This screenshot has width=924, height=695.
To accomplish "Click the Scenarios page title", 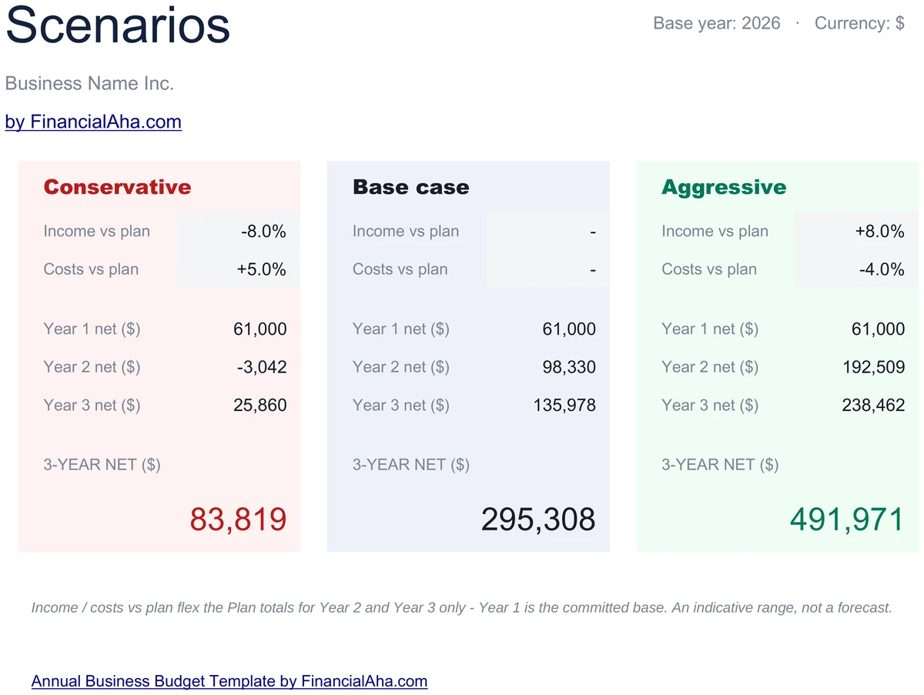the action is pyautogui.click(x=118, y=25).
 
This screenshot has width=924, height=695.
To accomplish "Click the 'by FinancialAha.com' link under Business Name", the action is pyautogui.click(x=93, y=122).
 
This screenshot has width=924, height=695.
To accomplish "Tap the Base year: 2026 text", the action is pyautogui.click(x=716, y=23).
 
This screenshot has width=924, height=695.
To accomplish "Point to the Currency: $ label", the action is pyautogui.click(x=859, y=23).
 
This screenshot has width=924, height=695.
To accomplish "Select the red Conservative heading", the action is pyautogui.click(x=118, y=187).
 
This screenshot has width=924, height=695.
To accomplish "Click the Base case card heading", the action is pyautogui.click(x=411, y=187).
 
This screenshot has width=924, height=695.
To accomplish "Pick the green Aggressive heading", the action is pyautogui.click(x=724, y=188).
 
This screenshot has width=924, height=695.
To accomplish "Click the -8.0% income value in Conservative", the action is pyautogui.click(x=263, y=232).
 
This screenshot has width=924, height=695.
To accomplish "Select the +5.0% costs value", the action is pyautogui.click(x=261, y=269).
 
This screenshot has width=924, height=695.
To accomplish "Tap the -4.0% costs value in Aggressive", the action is pyautogui.click(x=882, y=269).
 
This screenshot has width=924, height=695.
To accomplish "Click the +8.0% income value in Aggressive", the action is pyautogui.click(x=879, y=232).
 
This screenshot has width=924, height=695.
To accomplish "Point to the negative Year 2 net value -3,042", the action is pyautogui.click(x=262, y=367).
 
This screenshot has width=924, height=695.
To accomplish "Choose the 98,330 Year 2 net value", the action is pyautogui.click(x=569, y=367).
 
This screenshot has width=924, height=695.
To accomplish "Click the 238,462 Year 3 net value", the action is pyautogui.click(x=873, y=405).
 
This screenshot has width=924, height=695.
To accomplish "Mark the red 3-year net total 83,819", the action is pyautogui.click(x=238, y=520).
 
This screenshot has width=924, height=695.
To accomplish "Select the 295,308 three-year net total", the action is pyautogui.click(x=538, y=520).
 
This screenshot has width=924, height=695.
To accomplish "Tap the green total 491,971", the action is pyautogui.click(x=847, y=520).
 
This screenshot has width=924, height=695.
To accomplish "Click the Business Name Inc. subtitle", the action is pyautogui.click(x=89, y=83).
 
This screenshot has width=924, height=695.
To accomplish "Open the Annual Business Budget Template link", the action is pyautogui.click(x=229, y=681).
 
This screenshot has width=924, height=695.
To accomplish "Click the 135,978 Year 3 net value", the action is pyautogui.click(x=564, y=405).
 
